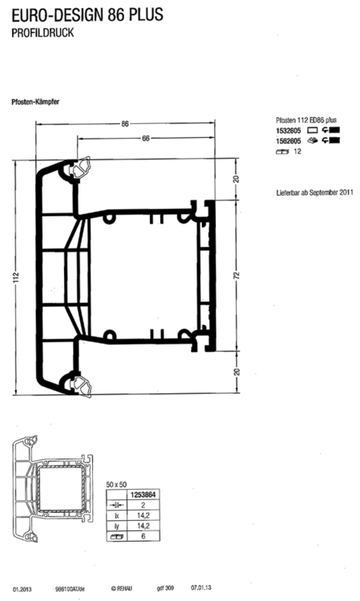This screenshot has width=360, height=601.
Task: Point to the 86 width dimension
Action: [126, 123]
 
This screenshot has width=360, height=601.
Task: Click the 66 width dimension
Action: [146, 139]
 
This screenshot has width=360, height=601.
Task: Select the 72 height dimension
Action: [236, 274]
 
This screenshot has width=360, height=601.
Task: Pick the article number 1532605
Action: [288, 130]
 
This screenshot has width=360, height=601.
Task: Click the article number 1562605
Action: [288, 140]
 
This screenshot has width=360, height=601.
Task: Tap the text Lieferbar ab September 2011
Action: [313, 193]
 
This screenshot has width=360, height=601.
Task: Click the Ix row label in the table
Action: [116, 518]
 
